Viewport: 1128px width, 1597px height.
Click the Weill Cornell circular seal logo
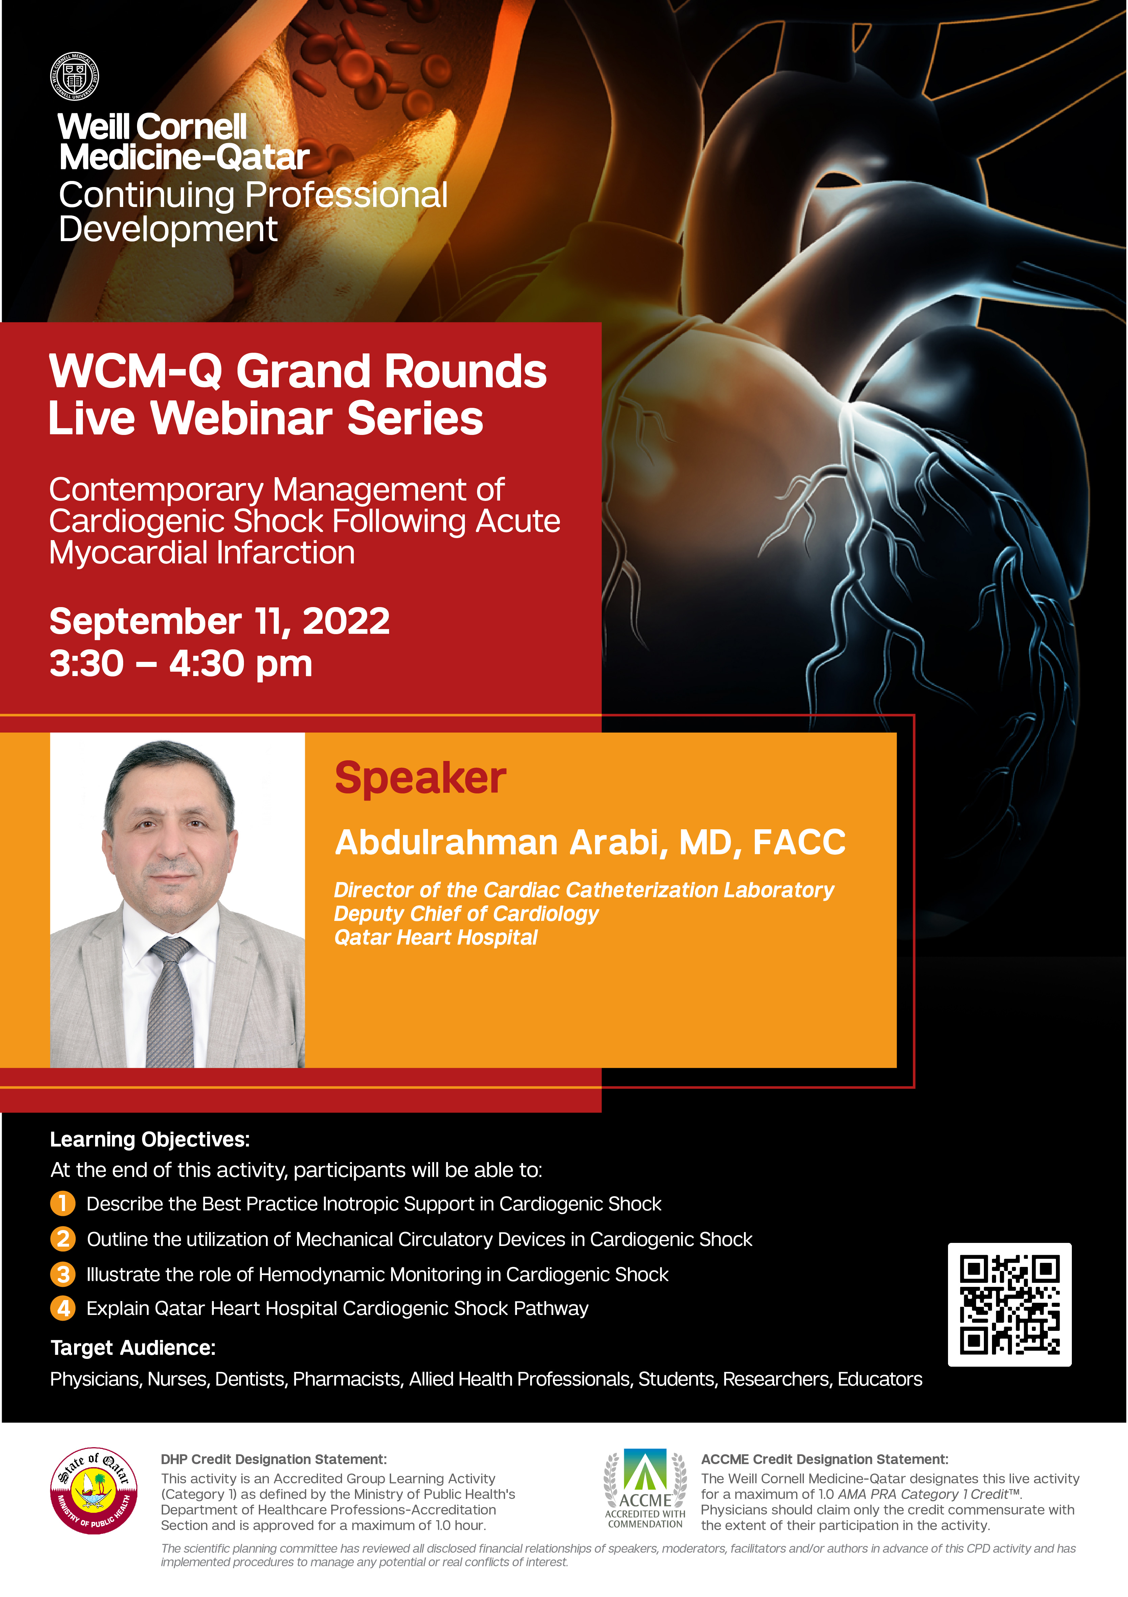74,76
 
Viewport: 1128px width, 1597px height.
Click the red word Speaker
420,778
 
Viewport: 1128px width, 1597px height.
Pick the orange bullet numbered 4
63,1309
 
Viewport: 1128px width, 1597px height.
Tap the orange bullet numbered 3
63,1274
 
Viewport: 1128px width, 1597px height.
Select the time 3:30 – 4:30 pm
181,664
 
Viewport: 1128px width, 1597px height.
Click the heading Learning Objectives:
150,1139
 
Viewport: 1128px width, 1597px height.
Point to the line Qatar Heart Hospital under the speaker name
436,938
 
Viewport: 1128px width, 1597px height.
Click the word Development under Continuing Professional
168,230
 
